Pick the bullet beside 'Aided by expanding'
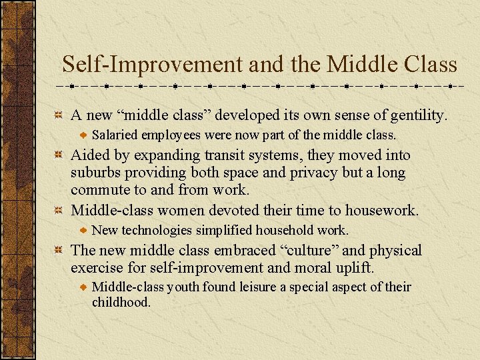click(59, 155)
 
